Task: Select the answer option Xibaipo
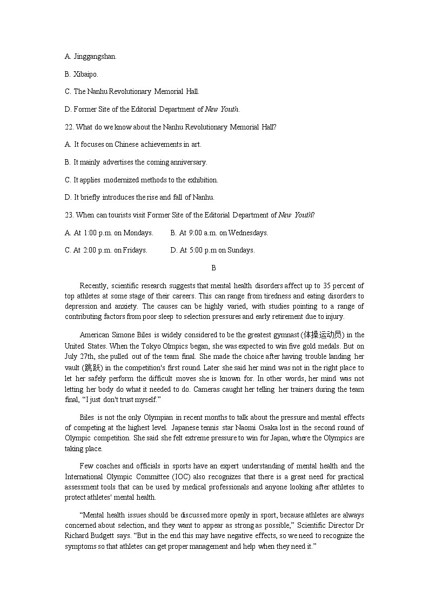(86, 74)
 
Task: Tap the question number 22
(69, 127)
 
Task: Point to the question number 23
(69, 215)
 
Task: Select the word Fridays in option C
(135, 250)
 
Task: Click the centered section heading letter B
(213, 268)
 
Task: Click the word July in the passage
(72, 357)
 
